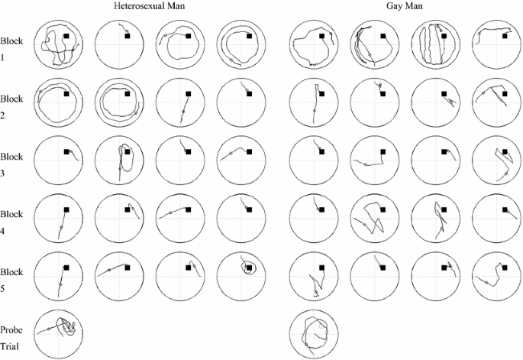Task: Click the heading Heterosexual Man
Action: coord(147,6)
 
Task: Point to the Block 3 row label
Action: coord(11,164)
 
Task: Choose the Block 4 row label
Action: coord(11,222)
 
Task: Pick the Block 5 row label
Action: coord(11,279)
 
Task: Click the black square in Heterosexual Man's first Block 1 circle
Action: coord(67,36)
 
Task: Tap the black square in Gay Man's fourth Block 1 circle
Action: coord(503,36)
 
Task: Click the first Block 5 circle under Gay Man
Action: coord(315,274)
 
